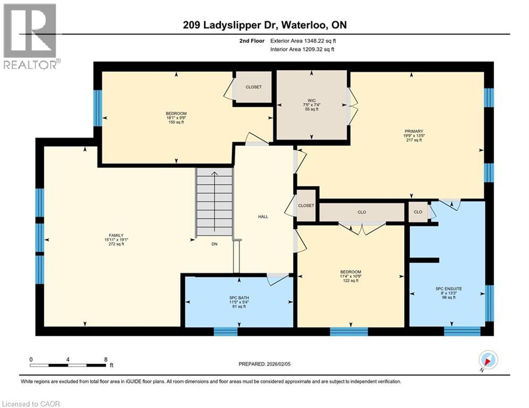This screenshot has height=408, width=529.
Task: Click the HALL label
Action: pyautogui.click(x=263, y=216)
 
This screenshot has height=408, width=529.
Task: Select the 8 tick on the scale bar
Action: pyautogui.click(x=105, y=359)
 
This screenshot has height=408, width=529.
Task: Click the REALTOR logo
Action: pyautogui.click(x=30, y=35)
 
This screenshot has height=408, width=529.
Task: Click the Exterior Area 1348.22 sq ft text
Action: pyautogui.click(x=303, y=40)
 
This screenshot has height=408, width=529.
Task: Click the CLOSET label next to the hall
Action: pyautogui.click(x=306, y=206)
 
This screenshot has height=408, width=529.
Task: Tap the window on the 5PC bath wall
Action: pyautogui.click(x=225, y=331)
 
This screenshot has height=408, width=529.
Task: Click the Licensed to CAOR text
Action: pyautogui.click(x=31, y=404)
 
